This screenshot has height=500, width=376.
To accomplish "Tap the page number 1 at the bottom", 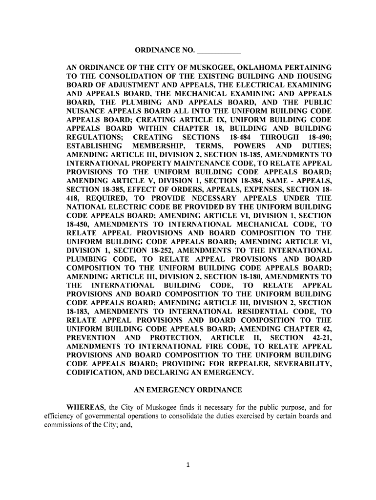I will [188, 464].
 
